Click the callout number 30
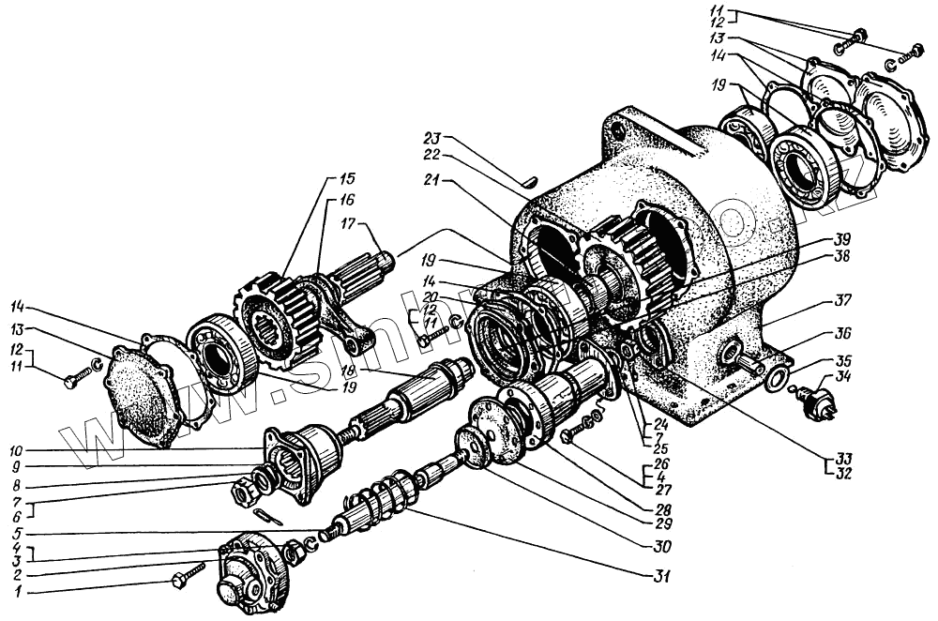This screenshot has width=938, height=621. pyautogui.click(x=663, y=547)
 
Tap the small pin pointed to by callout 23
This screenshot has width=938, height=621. pyautogui.click(x=530, y=177)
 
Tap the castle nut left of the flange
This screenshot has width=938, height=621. pyautogui.click(x=245, y=489)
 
